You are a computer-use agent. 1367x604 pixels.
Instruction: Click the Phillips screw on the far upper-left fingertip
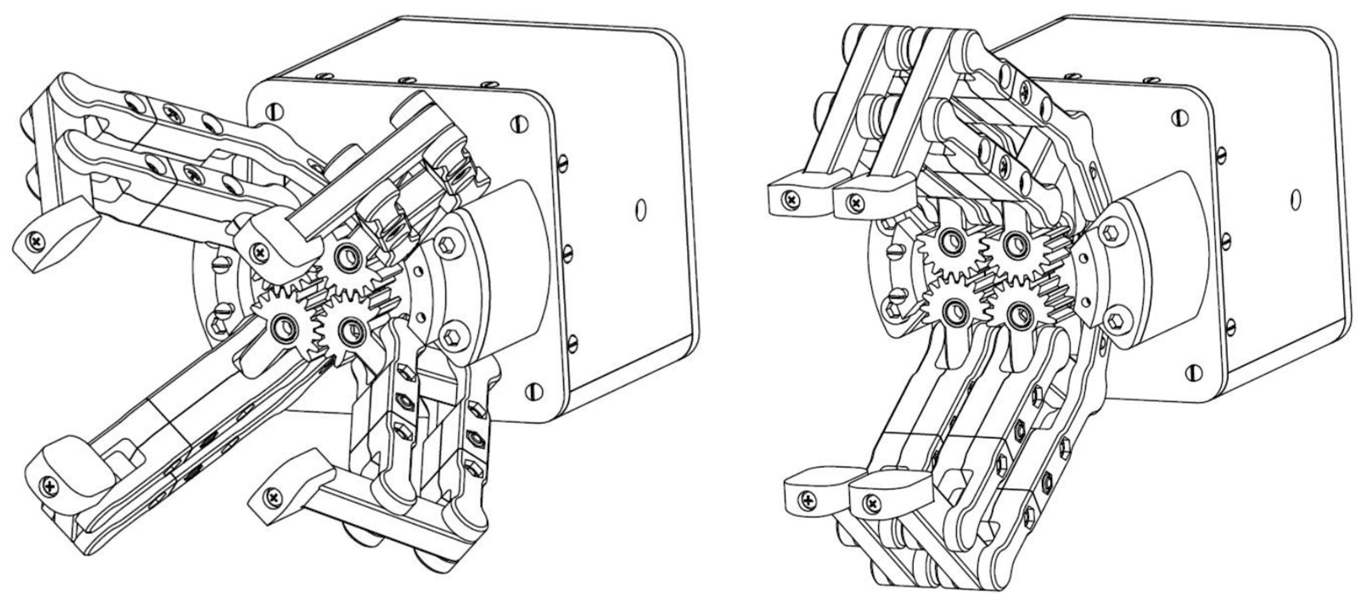(x=36, y=242)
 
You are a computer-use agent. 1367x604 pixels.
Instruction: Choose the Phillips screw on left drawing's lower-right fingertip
(x=273, y=497)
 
